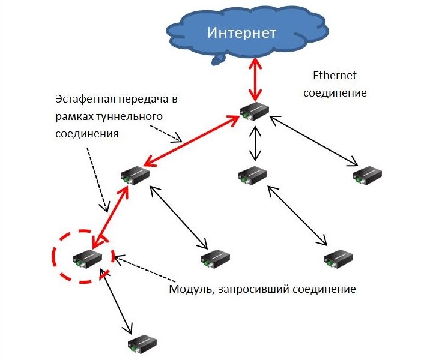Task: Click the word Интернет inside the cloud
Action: (x=241, y=32)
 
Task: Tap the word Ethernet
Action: (x=335, y=75)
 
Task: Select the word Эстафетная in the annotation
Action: (x=83, y=100)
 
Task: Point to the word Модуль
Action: (x=192, y=289)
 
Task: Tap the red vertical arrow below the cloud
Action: (x=255, y=80)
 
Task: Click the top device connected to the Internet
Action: (x=254, y=111)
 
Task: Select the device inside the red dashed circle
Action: (x=87, y=259)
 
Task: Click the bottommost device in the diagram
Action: (x=142, y=344)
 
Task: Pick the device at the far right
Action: (x=368, y=175)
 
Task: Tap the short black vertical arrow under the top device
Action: (x=255, y=143)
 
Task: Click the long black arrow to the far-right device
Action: (x=314, y=141)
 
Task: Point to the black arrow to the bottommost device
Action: (x=116, y=302)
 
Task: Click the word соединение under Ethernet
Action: (x=335, y=93)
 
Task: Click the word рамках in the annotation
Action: (x=74, y=116)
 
